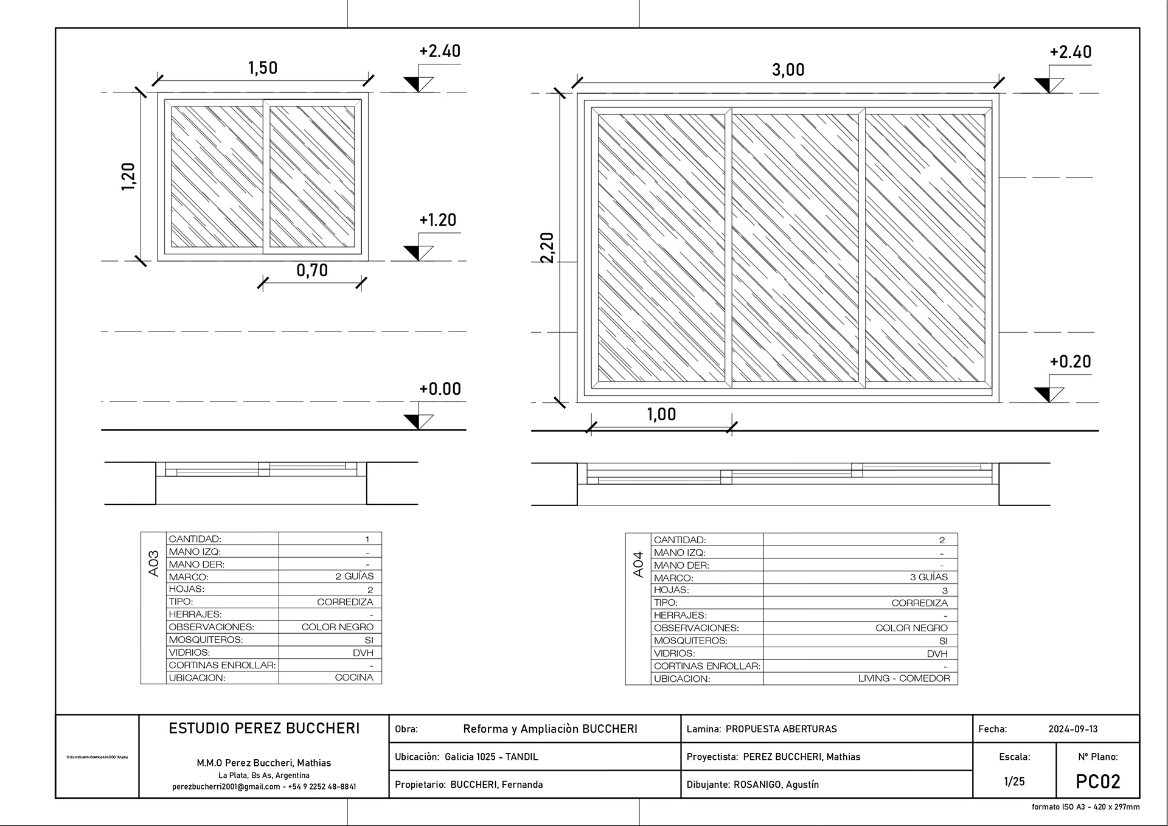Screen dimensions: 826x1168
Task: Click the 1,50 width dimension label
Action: (x=263, y=68)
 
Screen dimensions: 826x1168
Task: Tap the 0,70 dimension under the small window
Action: (x=312, y=270)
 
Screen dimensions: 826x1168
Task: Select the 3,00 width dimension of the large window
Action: (x=788, y=70)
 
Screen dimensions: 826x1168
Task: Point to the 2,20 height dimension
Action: (x=547, y=248)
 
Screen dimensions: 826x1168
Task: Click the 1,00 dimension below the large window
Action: (x=661, y=414)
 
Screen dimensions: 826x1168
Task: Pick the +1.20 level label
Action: (x=437, y=220)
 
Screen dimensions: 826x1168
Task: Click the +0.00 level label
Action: (x=440, y=389)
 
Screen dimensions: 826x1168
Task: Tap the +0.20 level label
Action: (x=1070, y=362)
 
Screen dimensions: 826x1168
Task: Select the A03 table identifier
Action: (x=153, y=563)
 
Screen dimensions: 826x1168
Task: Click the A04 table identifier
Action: (x=638, y=564)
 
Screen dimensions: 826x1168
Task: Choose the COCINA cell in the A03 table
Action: (x=354, y=678)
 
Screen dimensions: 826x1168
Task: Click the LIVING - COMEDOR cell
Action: (x=903, y=678)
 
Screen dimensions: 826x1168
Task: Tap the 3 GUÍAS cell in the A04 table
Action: (x=928, y=577)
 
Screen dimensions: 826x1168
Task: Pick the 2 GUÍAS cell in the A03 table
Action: (x=354, y=576)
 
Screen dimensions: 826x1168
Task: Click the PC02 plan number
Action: (x=1097, y=782)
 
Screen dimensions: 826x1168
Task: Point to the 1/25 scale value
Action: (x=1014, y=782)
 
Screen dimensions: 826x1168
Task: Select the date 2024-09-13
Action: (x=1072, y=729)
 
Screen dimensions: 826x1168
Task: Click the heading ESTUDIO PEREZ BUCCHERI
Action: (x=264, y=728)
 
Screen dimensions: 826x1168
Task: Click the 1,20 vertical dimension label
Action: (x=128, y=176)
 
